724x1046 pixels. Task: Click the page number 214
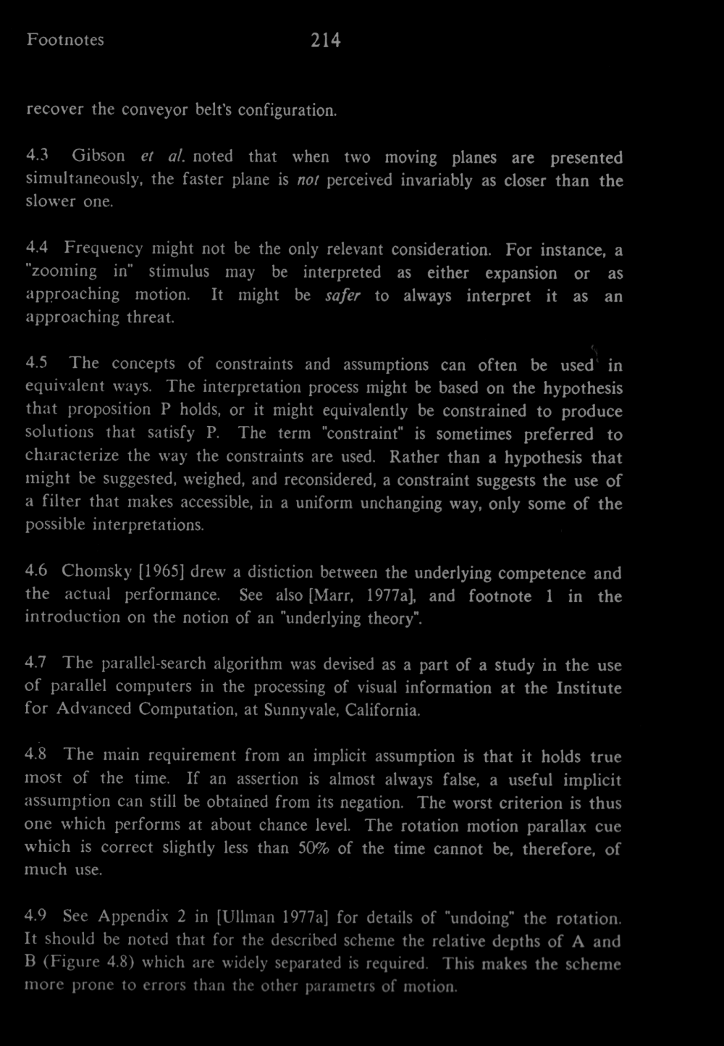coord(326,41)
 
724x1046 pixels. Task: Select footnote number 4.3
coord(37,157)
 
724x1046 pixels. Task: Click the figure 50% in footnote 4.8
coord(313,848)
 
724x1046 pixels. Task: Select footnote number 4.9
coord(37,917)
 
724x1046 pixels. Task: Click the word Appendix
coord(130,918)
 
